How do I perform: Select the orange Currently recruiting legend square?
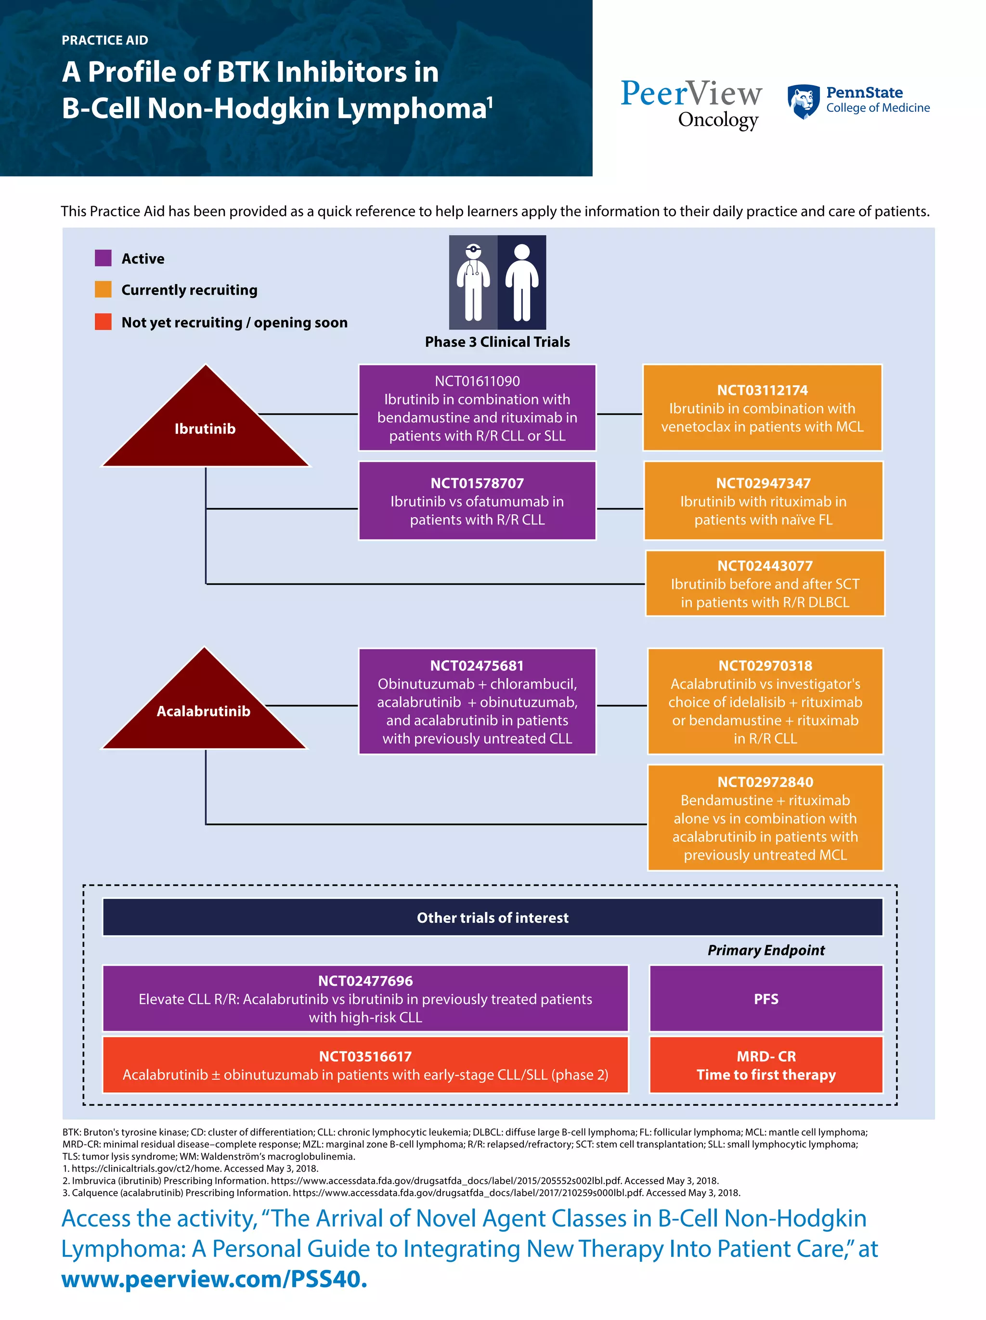(103, 289)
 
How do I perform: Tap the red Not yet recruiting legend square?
(103, 322)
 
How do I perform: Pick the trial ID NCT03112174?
(762, 390)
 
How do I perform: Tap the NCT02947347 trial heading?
(763, 484)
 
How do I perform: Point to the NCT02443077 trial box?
(765, 584)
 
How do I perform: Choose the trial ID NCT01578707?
(477, 484)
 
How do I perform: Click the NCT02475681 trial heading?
(477, 666)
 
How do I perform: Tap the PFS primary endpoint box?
(765, 999)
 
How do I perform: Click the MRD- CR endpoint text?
(765, 1056)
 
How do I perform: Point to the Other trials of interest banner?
(492, 918)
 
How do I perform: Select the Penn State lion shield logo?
(803, 102)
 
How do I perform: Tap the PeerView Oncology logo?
(691, 103)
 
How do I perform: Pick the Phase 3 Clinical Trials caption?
(497, 342)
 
